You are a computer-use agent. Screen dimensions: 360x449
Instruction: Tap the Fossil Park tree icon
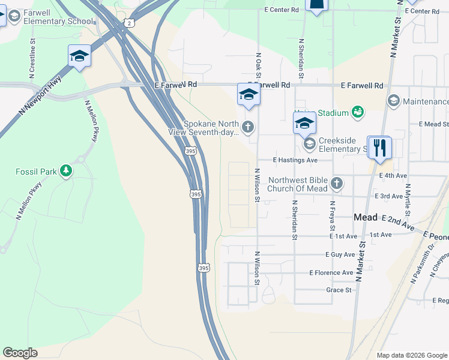pyautogui.click(x=65, y=172)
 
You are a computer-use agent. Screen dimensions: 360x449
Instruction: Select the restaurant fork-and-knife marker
pyautogui.click(x=379, y=148)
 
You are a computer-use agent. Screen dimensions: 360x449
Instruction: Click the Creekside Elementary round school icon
pyautogui.click(x=310, y=143)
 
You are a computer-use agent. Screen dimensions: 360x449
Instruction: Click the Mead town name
pyautogui.click(x=366, y=217)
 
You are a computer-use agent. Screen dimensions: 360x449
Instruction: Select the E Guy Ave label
pyautogui.click(x=340, y=254)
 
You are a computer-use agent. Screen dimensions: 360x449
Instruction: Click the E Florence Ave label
pyautogui.click(x=331, y=272)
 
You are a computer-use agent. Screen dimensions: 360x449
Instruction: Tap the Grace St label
pyautogui.click(x=339, y=290)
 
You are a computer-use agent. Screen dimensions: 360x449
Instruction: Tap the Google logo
pyautogui.click(x=20, y=353)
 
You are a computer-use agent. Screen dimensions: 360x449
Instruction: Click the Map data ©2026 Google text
pyautogui.click(x=411, y=355)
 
